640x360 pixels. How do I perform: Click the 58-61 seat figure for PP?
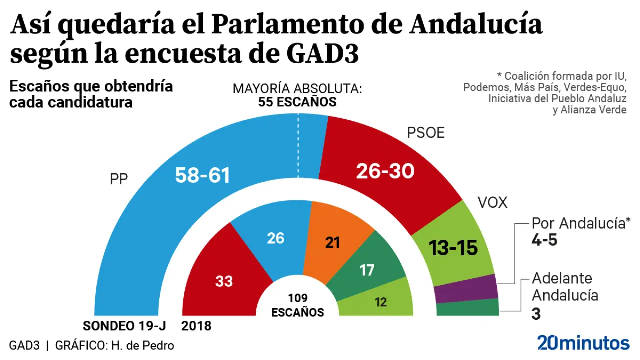(202, 175)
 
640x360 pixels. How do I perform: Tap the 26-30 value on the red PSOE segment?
(385, 171)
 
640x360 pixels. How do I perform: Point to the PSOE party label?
(426, 133)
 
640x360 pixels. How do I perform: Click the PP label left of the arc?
(119, 179)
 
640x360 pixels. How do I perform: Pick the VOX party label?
(492, 202)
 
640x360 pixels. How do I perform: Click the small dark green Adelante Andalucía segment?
(468, 307)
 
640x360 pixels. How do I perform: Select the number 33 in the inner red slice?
(224, 281)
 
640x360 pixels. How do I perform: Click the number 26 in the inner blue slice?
(275, 238)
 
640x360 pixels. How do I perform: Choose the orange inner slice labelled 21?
(332, 242)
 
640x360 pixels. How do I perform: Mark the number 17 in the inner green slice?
(367, 270)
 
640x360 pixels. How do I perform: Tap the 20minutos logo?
(583, 343)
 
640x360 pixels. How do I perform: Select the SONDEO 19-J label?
(124, 326)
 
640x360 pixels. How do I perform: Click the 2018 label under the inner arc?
(196, 326)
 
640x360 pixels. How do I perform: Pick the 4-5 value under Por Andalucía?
(544, 240)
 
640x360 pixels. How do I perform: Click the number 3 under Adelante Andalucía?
(536, 314)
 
